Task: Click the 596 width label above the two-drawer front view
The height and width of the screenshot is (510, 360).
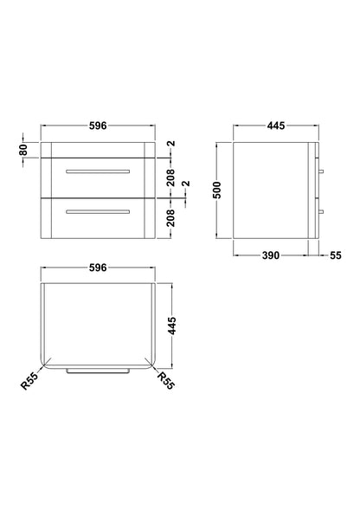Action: click(x=97, y=126)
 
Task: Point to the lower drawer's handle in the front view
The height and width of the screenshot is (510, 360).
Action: click(x=97, y=212)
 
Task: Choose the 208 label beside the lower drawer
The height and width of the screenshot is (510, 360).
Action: click(x=171, y=221)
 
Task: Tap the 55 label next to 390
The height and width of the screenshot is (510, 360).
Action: click(x=336, y=256)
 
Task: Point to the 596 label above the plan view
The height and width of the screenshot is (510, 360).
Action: click(x=97, y=268)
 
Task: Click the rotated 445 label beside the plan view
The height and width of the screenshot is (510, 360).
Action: click(x=171, y=326)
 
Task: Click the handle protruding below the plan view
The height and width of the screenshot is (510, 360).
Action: click(x=97, y=369)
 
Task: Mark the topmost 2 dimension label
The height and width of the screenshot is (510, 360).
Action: click(x=171, y=144)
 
